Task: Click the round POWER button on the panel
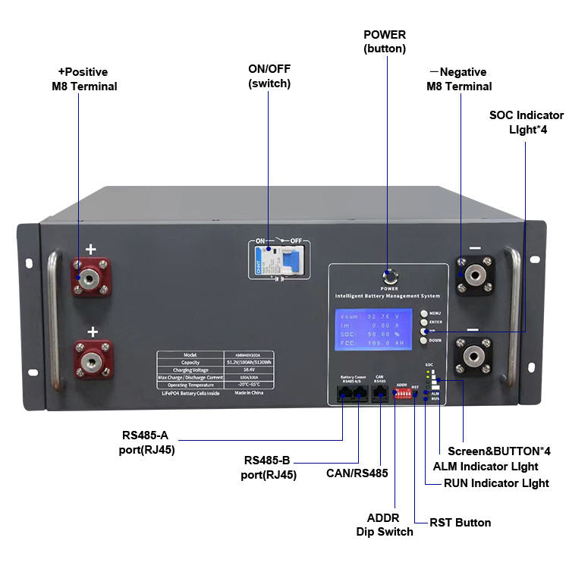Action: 389,275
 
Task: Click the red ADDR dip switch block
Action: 404,395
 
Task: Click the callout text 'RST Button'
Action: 460,523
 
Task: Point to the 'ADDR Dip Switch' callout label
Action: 385,525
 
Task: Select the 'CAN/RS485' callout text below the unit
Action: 357,473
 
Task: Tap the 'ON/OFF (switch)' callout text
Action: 269,76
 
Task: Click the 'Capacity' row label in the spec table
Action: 190,362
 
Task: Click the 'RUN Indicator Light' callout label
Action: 496,483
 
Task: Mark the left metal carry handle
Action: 52,319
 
